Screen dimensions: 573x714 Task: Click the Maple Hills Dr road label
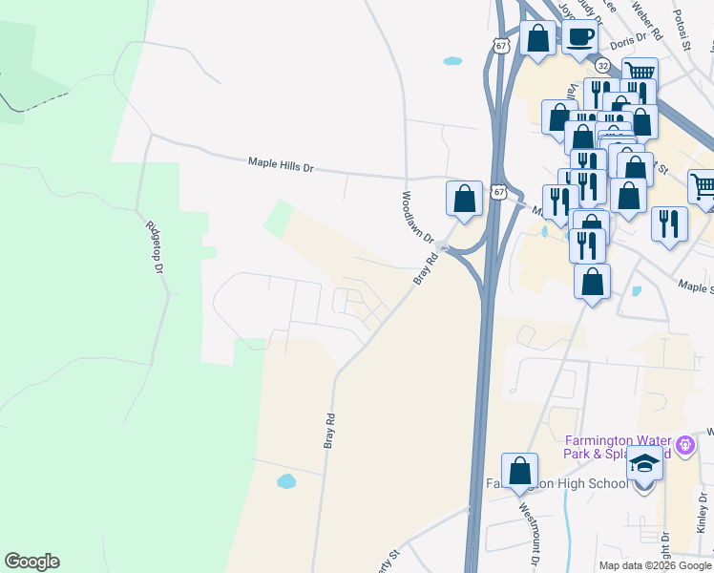click(281, 164)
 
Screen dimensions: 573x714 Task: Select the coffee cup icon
click(579, 38)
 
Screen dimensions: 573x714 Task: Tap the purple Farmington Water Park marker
click(683, 444)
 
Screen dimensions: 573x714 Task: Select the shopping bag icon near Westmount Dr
click(519, 471)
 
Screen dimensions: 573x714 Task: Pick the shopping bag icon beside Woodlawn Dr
click(464, 200)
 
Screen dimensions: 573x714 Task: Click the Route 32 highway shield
click(602, 65)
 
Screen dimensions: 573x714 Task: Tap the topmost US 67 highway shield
click(502, 46)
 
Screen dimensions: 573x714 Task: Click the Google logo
click(31, 562)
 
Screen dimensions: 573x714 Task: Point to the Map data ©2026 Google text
click(655, 565)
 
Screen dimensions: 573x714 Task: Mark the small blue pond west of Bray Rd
click(286, 481)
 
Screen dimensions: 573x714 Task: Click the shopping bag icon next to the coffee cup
click(538, 40)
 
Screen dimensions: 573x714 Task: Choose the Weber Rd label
click(646, 22)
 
